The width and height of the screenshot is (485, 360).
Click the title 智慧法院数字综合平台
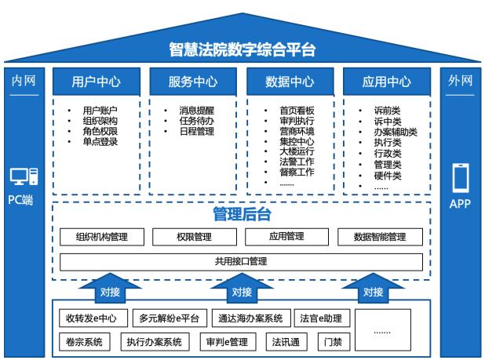[242, 50]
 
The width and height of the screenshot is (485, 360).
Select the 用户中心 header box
[95, 82]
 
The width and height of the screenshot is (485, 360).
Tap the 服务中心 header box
[192, 82]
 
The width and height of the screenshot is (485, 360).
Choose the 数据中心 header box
[290, 82]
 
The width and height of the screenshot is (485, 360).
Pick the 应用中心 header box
[386, 82]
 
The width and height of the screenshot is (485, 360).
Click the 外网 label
[461, 81]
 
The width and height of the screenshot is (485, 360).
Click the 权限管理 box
[192, 237]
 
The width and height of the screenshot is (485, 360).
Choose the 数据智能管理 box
[380, 237]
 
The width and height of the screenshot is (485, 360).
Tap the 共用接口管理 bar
[241, 262]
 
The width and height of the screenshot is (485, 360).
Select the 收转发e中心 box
[91, 319]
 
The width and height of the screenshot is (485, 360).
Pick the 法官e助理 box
[319, 319]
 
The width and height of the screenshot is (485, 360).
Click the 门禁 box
[330, 342]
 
